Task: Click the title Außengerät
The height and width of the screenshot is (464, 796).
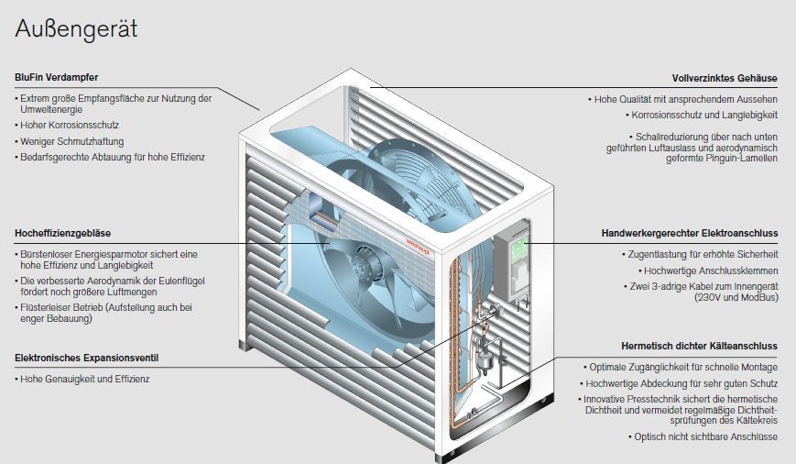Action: [76, 29]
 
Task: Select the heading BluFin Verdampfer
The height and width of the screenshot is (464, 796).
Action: [57, 77]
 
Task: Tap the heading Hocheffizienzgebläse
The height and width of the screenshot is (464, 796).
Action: [62, 233]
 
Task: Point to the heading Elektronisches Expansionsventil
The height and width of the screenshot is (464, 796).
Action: [86, 358]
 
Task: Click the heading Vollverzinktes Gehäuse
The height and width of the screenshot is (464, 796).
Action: [725, 78]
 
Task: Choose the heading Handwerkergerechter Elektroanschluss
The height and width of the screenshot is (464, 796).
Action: [690, 233]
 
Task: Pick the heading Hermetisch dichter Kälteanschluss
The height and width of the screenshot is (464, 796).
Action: [699, 346]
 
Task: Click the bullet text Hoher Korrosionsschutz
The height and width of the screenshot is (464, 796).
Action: [70, 125]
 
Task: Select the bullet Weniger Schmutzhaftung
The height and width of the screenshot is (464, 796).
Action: [72, 141]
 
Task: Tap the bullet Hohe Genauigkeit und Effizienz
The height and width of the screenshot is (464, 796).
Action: [85, 379]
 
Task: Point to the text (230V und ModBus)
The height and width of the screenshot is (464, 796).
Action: [736, 297]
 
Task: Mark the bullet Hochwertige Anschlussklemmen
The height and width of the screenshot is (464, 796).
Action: [711, 271]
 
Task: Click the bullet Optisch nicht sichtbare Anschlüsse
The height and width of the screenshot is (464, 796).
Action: [705, 436]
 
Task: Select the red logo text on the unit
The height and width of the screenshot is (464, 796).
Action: [418, 246]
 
